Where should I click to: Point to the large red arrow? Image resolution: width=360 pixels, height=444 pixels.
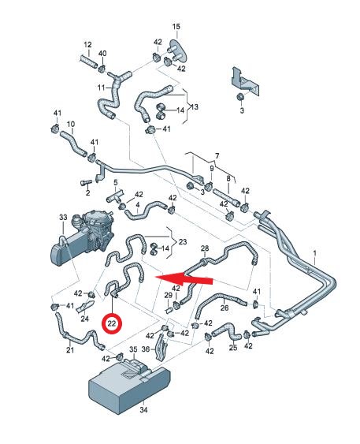pos(184,278)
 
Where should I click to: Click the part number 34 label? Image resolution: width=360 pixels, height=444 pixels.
pos(143,409)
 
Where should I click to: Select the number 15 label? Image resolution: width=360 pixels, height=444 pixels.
pos(176,26)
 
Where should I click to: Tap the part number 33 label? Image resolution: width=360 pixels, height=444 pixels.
pos(63,218)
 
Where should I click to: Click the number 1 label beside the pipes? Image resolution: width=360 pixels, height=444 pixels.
pos(314,253)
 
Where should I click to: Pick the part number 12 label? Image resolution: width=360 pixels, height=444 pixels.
pos(87,45)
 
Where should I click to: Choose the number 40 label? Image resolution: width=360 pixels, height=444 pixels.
pos(102,54)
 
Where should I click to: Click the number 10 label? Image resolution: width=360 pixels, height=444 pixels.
pos(71,124)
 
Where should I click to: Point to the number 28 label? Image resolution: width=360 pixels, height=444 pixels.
pos(205,248)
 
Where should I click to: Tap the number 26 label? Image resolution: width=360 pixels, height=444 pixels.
pos(225,308)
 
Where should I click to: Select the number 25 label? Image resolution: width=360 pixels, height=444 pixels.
pos(233,347)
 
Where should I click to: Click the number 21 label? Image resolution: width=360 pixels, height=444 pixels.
pos(70,349)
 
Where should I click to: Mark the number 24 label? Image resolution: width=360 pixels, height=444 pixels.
pos(84,319)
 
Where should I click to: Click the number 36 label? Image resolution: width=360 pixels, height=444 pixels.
pos(146,349)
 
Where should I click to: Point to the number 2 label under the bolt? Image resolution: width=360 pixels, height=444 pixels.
pos(87,193)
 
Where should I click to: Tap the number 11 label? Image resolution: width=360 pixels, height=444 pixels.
pos(102,88)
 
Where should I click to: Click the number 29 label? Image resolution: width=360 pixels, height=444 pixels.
pos(169,295)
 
